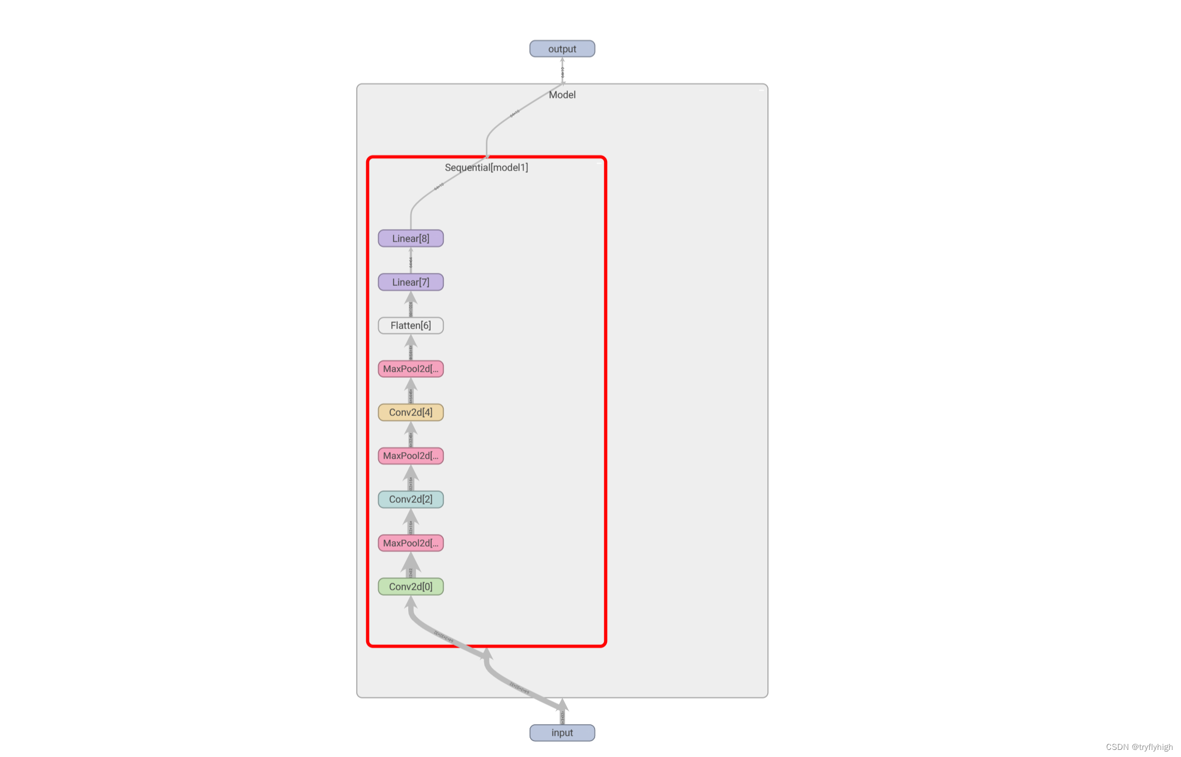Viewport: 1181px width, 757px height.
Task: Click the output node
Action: (x=562, y=49)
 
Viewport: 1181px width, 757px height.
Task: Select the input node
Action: (x=562, y=732)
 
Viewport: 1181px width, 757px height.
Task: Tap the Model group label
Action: (x=562, y=95)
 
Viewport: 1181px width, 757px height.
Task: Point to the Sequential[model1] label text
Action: (x=486, y=167)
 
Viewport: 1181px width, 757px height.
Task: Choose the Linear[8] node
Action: (x=410, y=238)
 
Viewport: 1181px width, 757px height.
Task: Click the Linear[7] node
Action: (x=410, y=282)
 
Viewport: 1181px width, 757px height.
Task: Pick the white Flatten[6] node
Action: (x=410, y=325)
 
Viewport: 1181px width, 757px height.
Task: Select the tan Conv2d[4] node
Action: (x=410, y=412)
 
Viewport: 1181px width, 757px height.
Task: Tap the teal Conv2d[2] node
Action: (x=410, y=499)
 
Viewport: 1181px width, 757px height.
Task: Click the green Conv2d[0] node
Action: (x=410, y=586)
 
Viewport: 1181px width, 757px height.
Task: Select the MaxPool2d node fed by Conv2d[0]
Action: (x=410, y=543)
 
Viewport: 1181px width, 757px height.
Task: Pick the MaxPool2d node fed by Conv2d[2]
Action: (x=410, y=456)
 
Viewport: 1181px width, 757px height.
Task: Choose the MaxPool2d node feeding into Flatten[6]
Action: (x=410, y=369)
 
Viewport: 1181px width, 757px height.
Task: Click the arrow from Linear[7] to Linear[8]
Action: (x=410, y=260)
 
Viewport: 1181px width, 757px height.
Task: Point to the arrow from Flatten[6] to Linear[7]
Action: (x=410, y=304)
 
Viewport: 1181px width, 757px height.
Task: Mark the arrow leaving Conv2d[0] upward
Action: (x=410, y=565)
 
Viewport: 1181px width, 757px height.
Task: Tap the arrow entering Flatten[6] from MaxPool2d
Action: (x=410, y=348)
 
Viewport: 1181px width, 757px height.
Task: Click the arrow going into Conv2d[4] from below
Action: (x=410, y=435)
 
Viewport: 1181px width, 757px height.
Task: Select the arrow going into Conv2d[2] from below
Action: (x=410, y=521)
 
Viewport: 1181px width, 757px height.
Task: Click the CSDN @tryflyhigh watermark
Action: (x=1139, y=747)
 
